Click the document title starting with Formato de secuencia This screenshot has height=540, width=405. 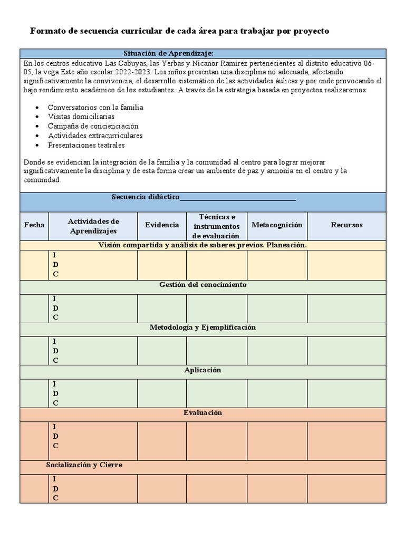(179, 31)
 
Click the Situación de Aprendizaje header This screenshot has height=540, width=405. (168, 53)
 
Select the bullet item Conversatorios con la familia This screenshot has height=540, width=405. (95, 107)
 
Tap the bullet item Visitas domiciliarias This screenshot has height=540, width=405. (81, 117)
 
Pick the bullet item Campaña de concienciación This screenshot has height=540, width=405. (93, 126)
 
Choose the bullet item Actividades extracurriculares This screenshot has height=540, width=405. (95, 136)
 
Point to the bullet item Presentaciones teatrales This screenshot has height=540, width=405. (86, 145)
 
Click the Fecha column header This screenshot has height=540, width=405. (34, 225)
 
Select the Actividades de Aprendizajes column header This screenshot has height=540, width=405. (93, 226)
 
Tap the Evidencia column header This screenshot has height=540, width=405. (162, 225)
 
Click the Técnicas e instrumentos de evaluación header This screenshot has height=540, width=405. (216, 226)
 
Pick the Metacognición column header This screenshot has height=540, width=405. (277, 225)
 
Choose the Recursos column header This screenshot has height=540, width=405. (346, 225)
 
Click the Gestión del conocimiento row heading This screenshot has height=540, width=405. (202, 285)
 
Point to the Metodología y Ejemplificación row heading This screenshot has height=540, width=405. (202, 327)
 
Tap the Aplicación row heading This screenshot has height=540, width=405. (202, 370)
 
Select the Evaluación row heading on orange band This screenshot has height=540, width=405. (202, 413)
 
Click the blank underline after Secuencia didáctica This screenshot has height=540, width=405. (238, 198)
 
